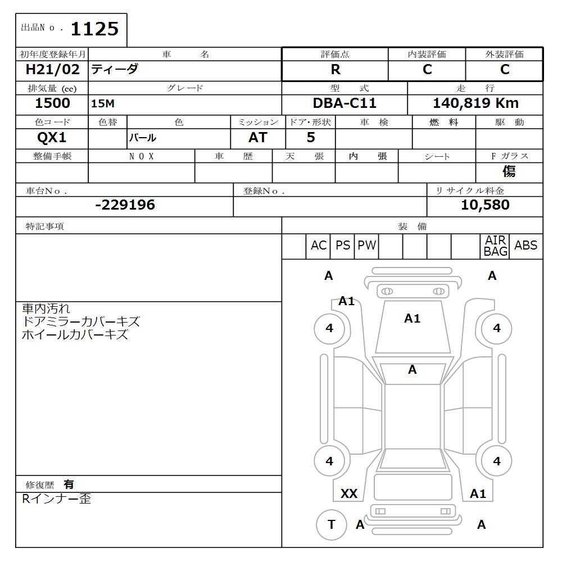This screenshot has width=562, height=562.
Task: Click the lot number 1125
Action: (94, 29)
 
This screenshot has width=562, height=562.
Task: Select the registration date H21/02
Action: (53, 70)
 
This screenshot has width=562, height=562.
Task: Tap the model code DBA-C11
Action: (345, 104)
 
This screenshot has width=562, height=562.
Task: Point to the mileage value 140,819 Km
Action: (475, 104)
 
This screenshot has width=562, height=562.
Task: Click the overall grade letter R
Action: (336, 70)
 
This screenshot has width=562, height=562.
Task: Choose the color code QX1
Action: (52, 138)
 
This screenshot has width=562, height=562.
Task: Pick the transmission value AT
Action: (257, 138)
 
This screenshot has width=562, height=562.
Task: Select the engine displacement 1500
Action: (52, 104)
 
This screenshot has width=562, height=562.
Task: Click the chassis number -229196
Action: (125, 205)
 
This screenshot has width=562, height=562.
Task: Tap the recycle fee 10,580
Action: (485, 205)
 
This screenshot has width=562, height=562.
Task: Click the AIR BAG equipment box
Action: (495, 246)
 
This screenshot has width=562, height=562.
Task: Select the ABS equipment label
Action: (525, 246)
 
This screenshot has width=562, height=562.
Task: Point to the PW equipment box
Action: (366, 246)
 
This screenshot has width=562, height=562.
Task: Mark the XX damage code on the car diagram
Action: (349, 494)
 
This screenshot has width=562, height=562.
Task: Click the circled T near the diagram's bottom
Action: (331, 524)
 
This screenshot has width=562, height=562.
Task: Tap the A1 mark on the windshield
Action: (412, 319)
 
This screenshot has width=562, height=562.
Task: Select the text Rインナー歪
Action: (56, 499)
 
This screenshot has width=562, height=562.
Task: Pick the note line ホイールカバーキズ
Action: (75, 335)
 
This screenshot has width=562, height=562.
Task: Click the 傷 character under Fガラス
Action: (509, 171)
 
